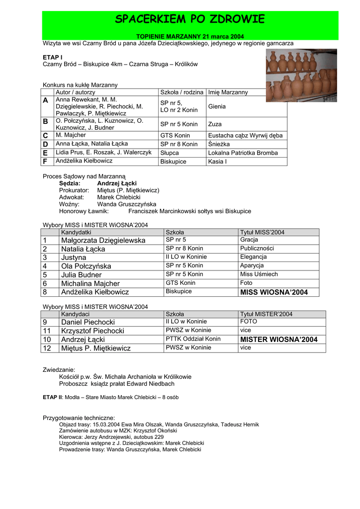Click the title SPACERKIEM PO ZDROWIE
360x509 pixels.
tap(190, 20)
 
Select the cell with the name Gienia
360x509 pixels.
tap(217, 106)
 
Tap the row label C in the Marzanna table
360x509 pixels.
tap(46, 135)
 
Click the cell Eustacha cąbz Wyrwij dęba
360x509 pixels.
tap(245, 135)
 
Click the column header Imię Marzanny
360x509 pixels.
tap(228, 92)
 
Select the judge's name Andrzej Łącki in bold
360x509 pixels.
tap(117, 183)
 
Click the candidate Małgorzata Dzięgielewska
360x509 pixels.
tap(103, 241)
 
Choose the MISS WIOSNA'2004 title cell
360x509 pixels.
tap(274, 292)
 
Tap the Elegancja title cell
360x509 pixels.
tap(253, 257)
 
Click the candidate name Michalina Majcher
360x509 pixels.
tap(90, 283)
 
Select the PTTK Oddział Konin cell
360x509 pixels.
tap(193, 339)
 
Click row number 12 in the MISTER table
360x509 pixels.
tap(47, 348)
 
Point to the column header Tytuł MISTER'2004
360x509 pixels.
tap(266, 314)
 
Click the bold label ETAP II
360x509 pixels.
tap(52, 398)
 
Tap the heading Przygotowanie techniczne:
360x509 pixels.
tap(79, 418)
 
